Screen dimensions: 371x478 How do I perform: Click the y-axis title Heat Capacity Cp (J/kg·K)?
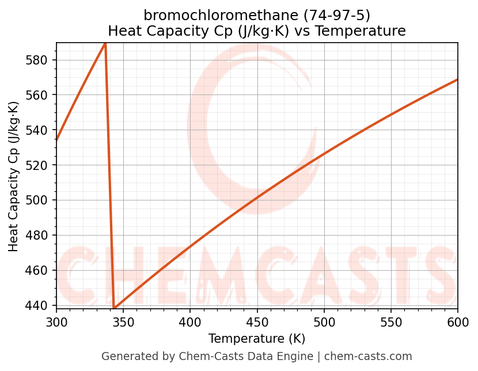click(14, 176)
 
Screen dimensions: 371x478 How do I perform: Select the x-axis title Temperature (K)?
click(257, 339)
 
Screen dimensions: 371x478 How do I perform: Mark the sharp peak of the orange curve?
click(105, 44)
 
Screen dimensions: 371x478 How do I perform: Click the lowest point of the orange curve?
click(115, 308)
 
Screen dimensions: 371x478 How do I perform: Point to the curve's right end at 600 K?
click(458, 79)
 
